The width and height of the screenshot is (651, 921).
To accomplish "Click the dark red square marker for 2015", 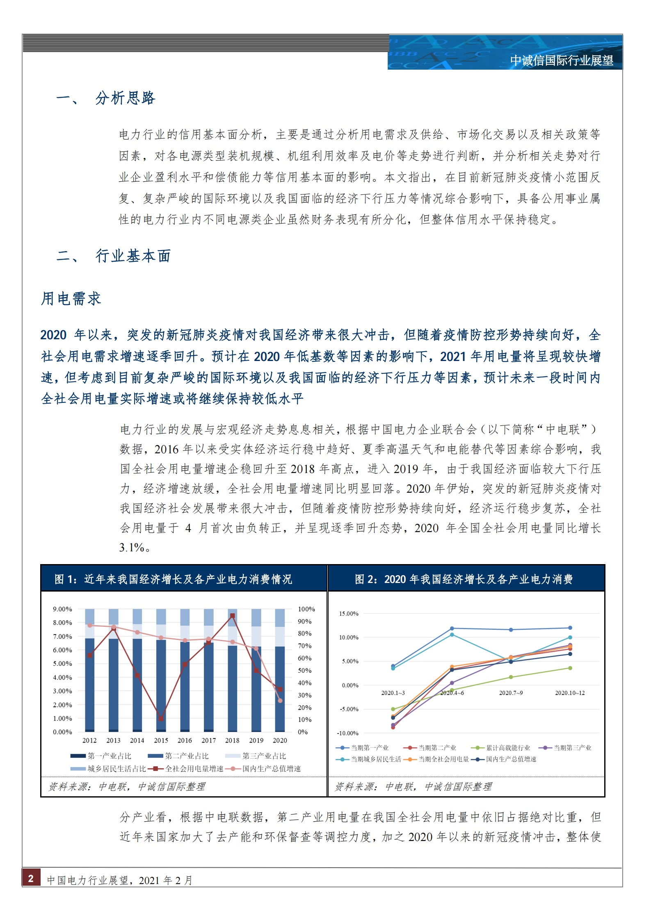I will coord(161,718).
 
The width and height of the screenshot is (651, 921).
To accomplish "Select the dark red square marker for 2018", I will coord(232,615).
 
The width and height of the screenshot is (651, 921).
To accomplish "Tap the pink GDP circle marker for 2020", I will coord(280,700).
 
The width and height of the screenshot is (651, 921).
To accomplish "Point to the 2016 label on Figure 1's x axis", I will coord(185,740).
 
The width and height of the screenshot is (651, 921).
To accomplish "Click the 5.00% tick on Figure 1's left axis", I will coord(62,663).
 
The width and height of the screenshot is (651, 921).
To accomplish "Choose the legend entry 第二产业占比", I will coord(187,756).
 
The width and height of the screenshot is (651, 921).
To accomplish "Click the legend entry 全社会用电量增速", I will coord(194,768).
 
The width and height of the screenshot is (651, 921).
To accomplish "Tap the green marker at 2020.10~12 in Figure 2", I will coord(570,668).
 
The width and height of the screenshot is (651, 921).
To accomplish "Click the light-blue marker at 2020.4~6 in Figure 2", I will coord(452,635).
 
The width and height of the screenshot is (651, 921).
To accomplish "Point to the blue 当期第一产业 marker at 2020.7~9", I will coord(511,630).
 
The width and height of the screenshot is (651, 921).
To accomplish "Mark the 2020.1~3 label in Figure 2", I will coord(393,693).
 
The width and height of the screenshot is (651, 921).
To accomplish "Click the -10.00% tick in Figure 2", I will coord(348,733).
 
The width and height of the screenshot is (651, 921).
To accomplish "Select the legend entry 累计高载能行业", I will coord(508,747).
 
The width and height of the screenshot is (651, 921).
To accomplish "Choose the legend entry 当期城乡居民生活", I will coord(376,759).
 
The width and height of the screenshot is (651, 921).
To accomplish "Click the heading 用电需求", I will coord(71,299).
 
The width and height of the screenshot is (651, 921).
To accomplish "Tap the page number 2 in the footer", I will coord(31,878).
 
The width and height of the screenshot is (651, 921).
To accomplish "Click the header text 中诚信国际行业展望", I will coord(562,61).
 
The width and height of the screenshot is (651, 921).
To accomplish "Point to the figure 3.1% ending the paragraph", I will coord(132,547).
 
